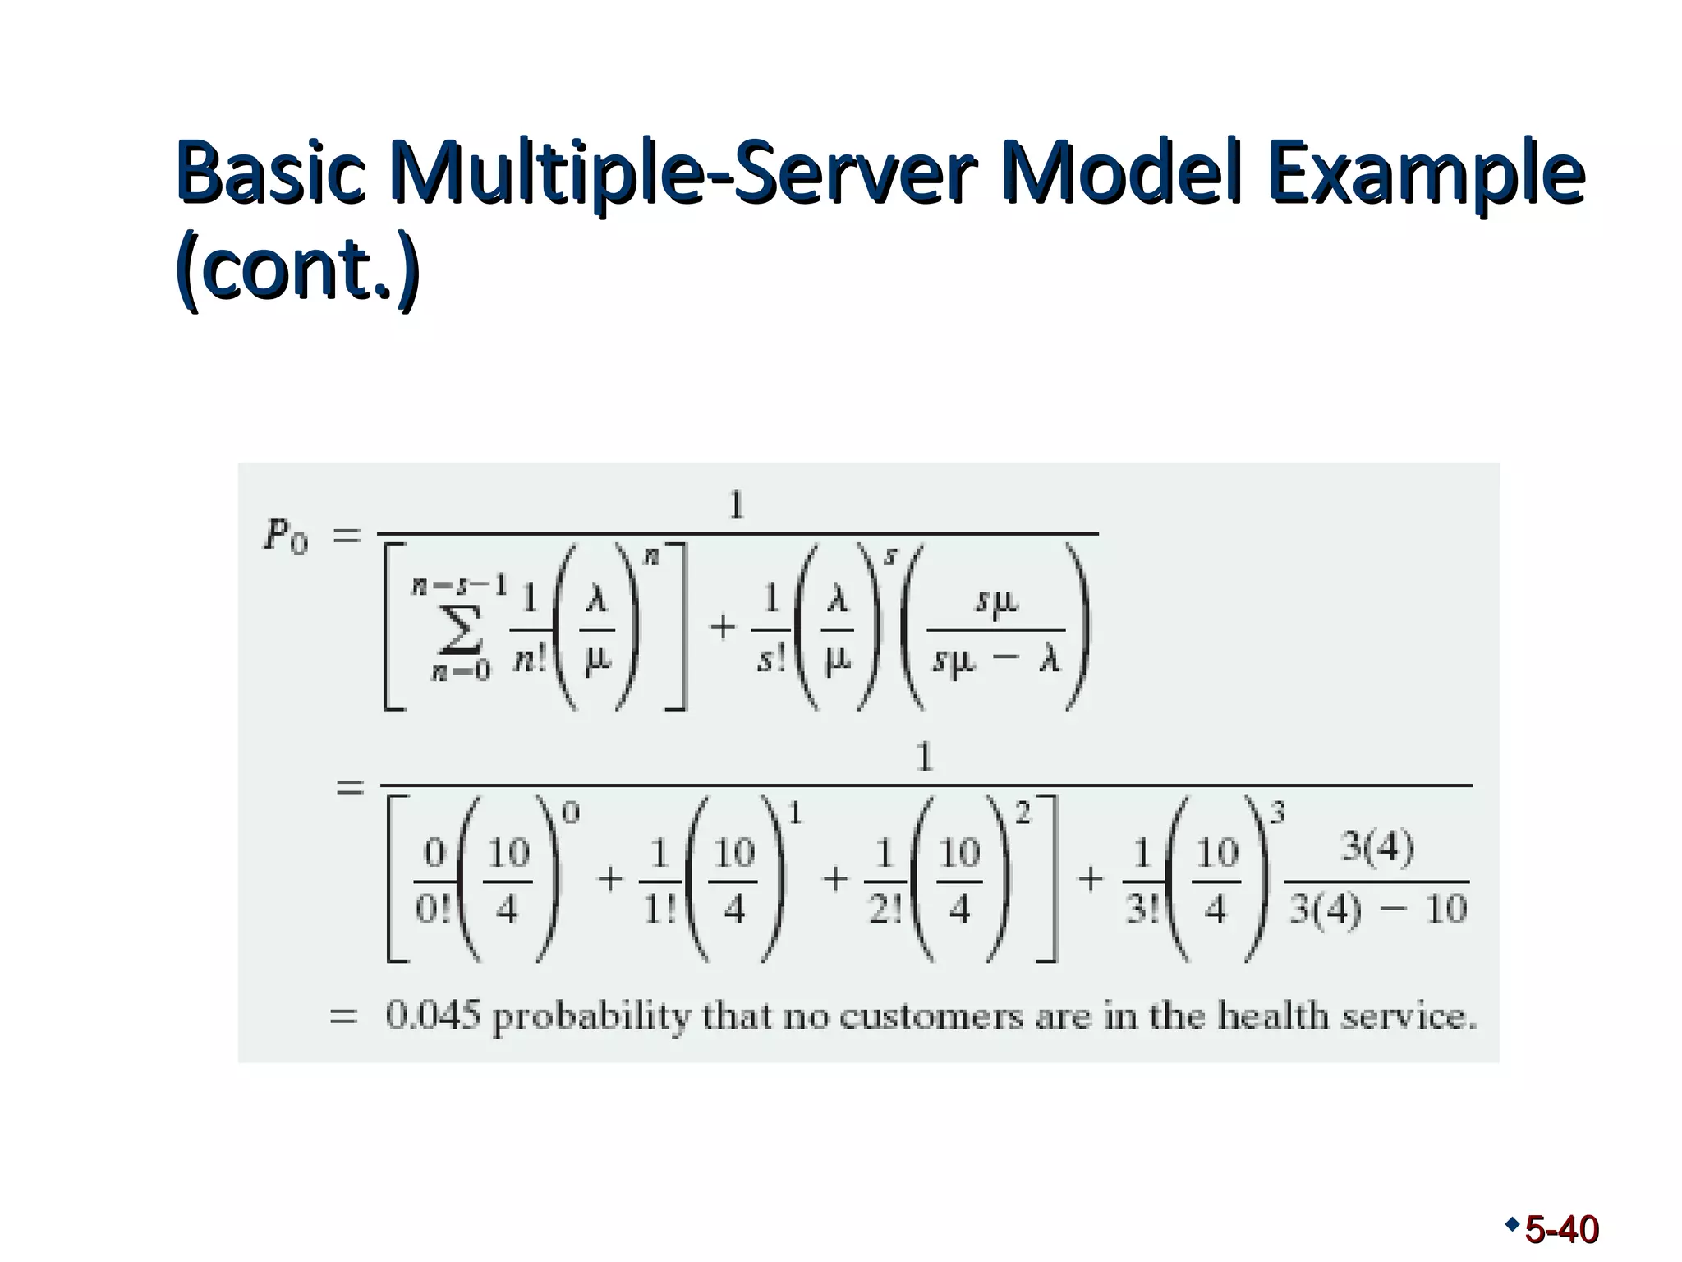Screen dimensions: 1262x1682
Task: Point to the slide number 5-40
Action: click(1560, 1230)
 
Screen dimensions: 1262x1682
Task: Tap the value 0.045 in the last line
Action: click(432, 1017)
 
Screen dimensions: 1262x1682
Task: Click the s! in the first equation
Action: click(770, 660)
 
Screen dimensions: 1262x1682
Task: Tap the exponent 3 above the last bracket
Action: click(1278, 813)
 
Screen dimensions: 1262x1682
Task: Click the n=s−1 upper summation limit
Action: click(460, 585)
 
